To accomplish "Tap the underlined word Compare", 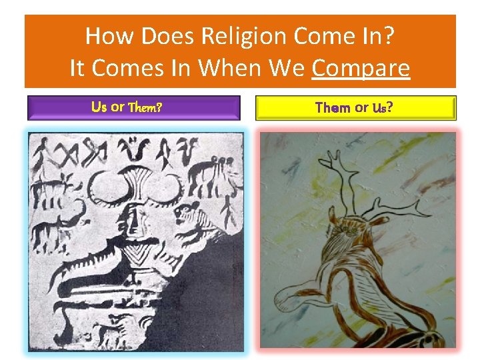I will [x=360, y=68].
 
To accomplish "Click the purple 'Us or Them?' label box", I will [x=133, y=107].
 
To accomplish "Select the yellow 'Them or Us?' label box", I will [x=356, y=107].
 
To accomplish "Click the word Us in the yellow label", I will [x=381, y=107].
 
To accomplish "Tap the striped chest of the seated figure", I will [x=139, y=255].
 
